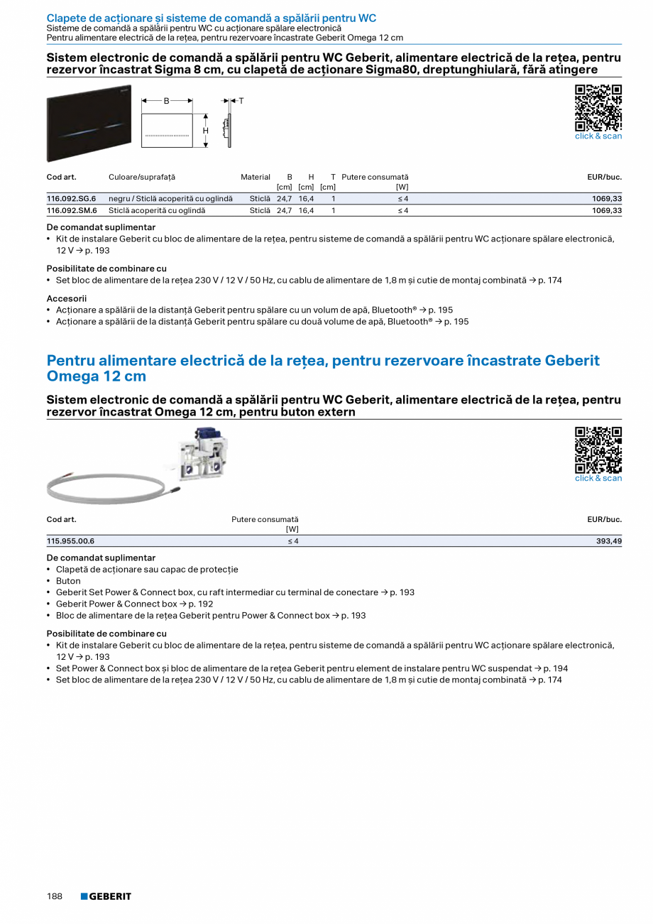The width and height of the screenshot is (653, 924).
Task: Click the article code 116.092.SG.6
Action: click(x=71, y=199)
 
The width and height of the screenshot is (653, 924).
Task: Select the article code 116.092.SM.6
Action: click(x=72, y=210)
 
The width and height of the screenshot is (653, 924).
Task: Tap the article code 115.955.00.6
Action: click(x=70, y=541)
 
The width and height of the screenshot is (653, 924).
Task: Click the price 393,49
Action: click(x=608, y=541)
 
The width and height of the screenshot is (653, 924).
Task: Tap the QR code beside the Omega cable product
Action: click(x=598, y=450)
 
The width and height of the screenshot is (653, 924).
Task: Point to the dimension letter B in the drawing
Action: click(x=167, y=102)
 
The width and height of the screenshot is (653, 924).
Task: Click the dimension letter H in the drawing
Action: click(x=206, y=131)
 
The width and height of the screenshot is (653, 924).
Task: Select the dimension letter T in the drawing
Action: click(x=241, y=102)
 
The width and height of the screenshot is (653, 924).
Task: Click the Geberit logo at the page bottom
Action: click(x=106, y=896)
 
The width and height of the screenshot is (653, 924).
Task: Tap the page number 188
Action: click(x=55, y=896)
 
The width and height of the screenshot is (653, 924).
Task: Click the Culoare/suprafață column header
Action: click(x=141, y=177)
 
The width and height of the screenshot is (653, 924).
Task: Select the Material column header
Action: click(x=256, y=177)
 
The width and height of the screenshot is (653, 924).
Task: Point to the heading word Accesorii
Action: click(x=66, y=298)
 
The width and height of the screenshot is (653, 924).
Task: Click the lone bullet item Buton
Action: click(x=68, y=581)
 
